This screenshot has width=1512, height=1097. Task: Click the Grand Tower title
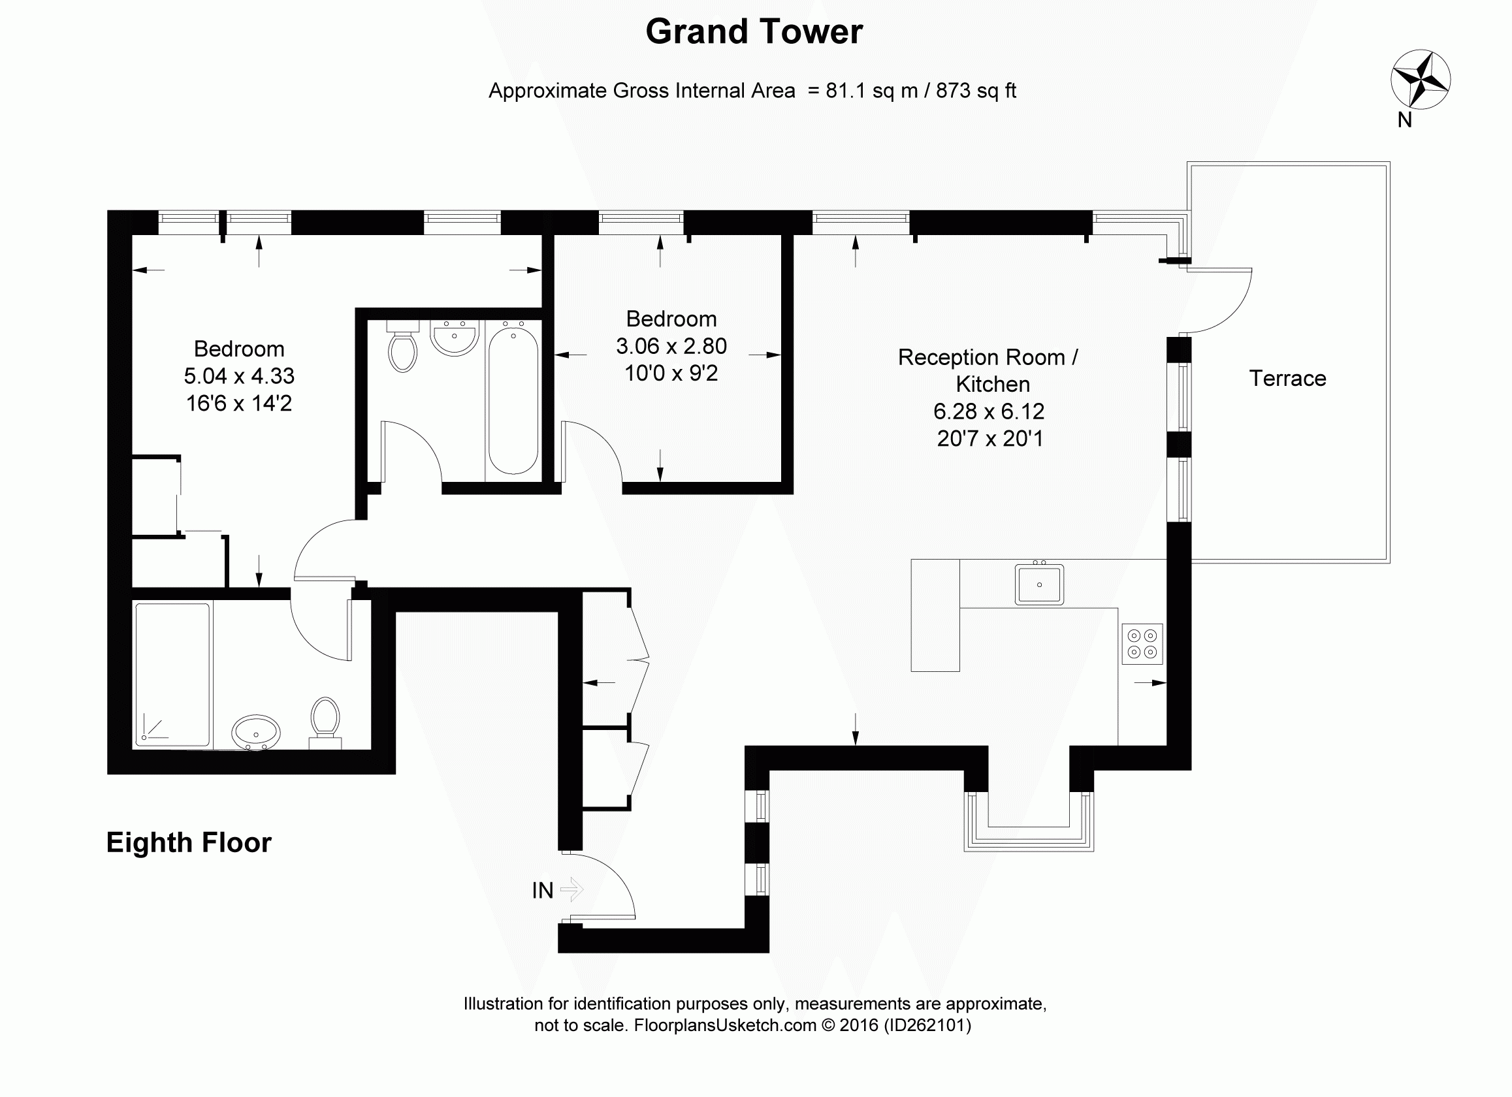click(754, 31)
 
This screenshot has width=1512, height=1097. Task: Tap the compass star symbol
click(1420, 79)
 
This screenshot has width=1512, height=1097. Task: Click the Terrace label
click(1287, 379)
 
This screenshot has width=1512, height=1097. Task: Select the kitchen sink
click(1038, 584)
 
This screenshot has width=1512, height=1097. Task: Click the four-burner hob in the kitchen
click(1142, 644)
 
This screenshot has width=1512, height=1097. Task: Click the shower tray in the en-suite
click(172, 674)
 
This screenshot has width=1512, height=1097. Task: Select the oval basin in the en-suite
click(256, 733)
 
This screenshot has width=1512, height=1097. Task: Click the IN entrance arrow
click(571, 889)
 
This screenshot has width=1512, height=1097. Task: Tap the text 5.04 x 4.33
click(238, 376)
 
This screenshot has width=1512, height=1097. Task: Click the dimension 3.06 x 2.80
click(671, 346)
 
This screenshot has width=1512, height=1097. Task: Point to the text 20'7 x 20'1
click(990, 439)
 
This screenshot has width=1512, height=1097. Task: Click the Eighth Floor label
click(189, 842)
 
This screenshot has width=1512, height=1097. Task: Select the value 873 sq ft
click(976, 91)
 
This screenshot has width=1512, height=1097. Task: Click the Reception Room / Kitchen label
click(988, 370)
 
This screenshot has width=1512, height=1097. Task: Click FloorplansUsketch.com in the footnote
click(725, 1025)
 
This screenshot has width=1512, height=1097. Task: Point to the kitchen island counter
click(935, 614)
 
